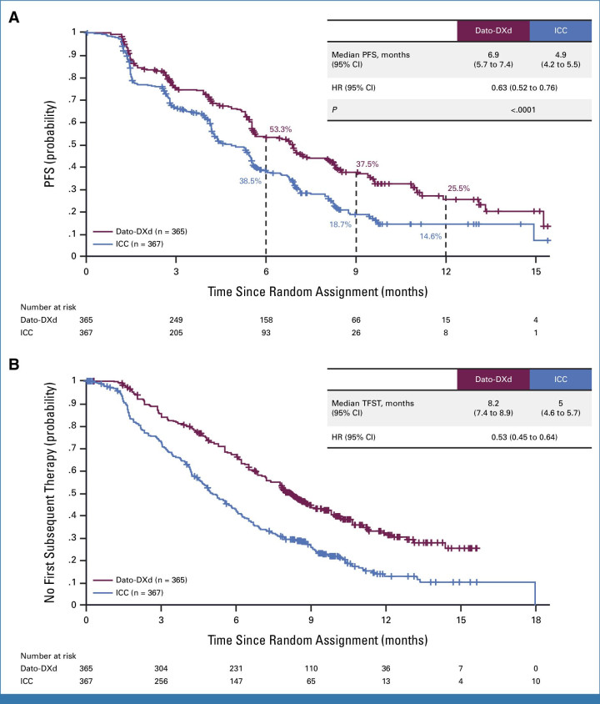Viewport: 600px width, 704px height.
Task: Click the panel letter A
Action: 13,16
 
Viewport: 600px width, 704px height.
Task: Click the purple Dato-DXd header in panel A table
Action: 492,32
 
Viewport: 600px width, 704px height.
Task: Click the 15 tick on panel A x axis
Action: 535,272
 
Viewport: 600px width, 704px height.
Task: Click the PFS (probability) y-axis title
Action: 53,143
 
